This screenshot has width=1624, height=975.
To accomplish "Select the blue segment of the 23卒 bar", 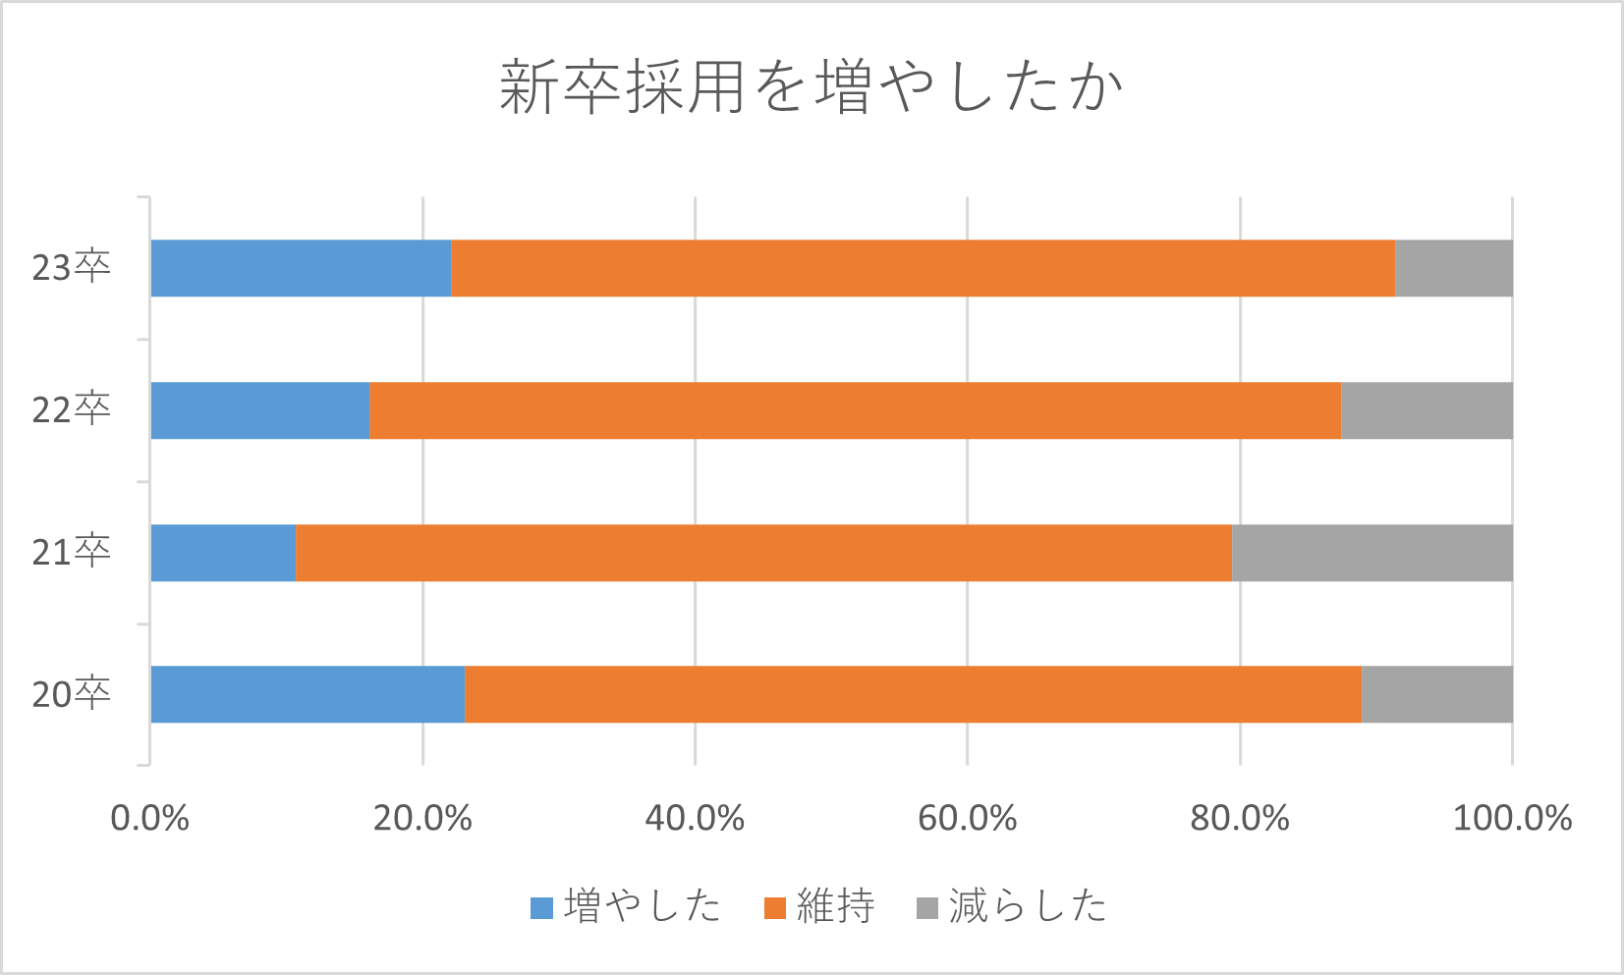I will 301,268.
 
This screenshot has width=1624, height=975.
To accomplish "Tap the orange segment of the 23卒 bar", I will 923,268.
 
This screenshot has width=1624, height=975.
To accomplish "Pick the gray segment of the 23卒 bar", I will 1453,268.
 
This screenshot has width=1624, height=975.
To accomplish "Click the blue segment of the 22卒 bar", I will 259,410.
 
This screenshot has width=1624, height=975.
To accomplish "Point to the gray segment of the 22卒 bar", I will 1427,410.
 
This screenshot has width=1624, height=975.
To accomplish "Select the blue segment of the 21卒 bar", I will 223,553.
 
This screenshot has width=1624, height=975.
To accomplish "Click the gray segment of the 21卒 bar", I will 1372,553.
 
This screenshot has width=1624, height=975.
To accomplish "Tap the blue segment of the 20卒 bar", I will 308,694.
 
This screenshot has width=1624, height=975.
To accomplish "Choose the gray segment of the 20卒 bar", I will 1436,694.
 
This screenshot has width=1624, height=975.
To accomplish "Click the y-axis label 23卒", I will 71,267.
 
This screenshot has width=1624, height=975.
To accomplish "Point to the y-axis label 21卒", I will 71,552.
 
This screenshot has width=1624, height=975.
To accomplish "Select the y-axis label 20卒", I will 71,694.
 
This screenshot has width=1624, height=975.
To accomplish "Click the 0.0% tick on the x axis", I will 149,818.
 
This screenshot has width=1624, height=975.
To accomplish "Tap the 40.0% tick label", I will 695,818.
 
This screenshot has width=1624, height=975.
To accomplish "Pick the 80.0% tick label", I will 1239,818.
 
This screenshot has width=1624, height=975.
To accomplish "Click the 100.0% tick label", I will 1512,818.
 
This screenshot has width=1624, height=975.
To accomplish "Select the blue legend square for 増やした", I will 541,908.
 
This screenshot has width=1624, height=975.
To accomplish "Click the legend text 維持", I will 835,906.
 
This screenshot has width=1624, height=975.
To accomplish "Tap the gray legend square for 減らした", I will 926,908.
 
